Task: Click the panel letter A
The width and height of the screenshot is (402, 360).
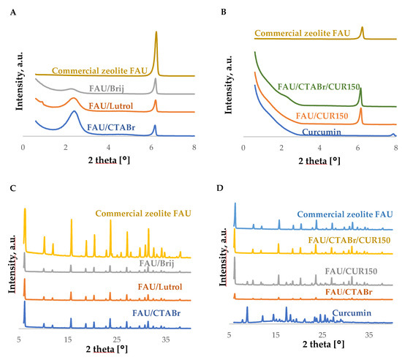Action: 13,12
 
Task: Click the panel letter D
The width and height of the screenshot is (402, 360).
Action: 220,188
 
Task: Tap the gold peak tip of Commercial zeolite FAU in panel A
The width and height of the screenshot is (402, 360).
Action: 156,31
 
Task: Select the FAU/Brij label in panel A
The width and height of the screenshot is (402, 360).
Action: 107,89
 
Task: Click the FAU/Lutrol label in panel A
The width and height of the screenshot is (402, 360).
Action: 111,106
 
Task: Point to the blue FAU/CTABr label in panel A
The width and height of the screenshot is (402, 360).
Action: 111,127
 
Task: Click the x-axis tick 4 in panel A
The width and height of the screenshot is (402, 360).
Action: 108,147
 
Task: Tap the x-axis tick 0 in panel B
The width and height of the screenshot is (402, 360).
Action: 243,148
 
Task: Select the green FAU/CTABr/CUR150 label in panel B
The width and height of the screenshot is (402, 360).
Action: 319,87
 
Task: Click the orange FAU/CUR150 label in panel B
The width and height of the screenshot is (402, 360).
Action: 322,116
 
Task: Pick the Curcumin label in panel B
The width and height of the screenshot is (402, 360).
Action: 322,132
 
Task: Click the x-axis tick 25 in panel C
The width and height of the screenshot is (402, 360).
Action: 117,340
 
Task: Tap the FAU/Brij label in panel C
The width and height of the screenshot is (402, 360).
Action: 156,263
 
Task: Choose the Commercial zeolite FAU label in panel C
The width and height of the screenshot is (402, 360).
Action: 143,214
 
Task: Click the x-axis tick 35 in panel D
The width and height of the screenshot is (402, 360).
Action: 369,335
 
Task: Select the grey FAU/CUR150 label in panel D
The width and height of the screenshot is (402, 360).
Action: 351,271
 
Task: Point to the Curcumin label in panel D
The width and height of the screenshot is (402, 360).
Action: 352,313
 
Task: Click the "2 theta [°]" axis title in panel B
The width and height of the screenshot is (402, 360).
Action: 319,161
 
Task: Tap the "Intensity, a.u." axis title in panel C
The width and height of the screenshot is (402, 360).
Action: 12,264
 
